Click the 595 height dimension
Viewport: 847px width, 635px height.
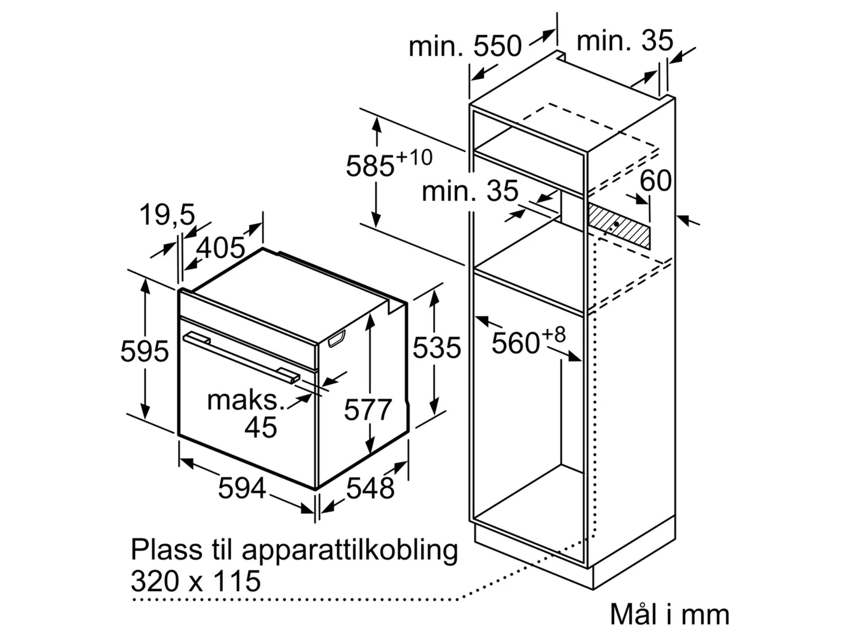point(144,351)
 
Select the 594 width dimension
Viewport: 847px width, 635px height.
point(241,488)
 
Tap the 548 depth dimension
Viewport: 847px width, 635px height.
point(370,488)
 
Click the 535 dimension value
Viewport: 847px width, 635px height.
point(436,348)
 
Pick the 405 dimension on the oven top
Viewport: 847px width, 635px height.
point(221,247)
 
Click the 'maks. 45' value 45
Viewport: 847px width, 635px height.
point(260,427)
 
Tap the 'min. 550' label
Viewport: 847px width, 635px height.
point(465,46)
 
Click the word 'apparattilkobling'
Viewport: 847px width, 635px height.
point(349,550)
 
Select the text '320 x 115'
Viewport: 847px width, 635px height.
point(195,580)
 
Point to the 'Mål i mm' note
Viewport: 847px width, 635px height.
point(669,614)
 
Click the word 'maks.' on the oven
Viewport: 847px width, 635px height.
point(245,400)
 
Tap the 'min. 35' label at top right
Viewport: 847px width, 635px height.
point(624,40)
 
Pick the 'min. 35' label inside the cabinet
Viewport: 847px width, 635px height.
point(470,190)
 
